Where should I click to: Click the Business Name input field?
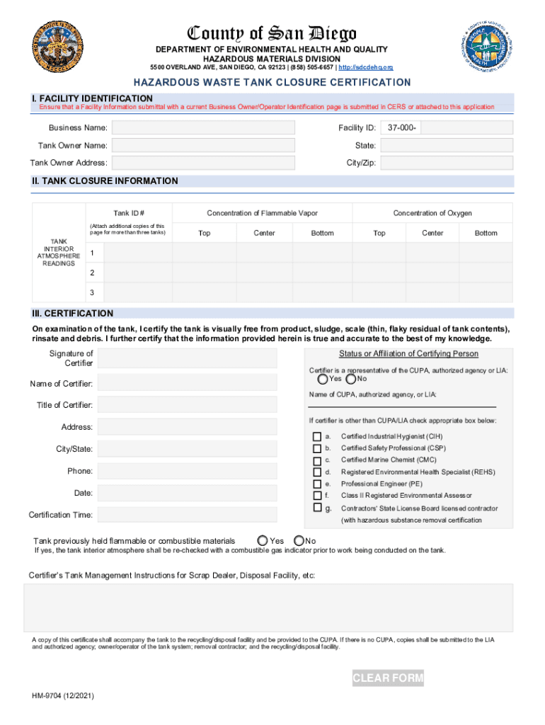pos(204,127)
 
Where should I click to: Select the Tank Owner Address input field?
pos(204,163)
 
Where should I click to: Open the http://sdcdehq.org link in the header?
pos(366,67)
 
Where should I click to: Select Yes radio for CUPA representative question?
pos(314,379)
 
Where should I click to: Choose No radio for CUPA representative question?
pos(351,379)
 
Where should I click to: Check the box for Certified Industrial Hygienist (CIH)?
pos(316,436)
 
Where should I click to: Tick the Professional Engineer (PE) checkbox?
pos(316,484)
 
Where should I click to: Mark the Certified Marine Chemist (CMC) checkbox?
pos(316,460)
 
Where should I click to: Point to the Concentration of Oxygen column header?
pos(432,213)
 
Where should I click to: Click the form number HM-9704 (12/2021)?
pos(62,696)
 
